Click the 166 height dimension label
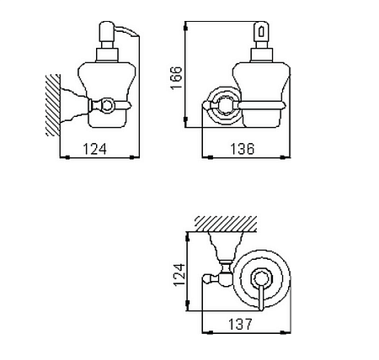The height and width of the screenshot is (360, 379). point(177,78)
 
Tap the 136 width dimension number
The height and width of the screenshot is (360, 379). point(243,149)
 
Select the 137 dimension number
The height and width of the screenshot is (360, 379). point(240,325)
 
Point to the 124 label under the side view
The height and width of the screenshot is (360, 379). point(95,149)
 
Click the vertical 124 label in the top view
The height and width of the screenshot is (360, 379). point(179,274)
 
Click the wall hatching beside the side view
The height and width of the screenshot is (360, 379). point(53,105)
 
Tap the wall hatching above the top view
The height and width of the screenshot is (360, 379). point(226,224)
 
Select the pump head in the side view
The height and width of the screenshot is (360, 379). point(107,31)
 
